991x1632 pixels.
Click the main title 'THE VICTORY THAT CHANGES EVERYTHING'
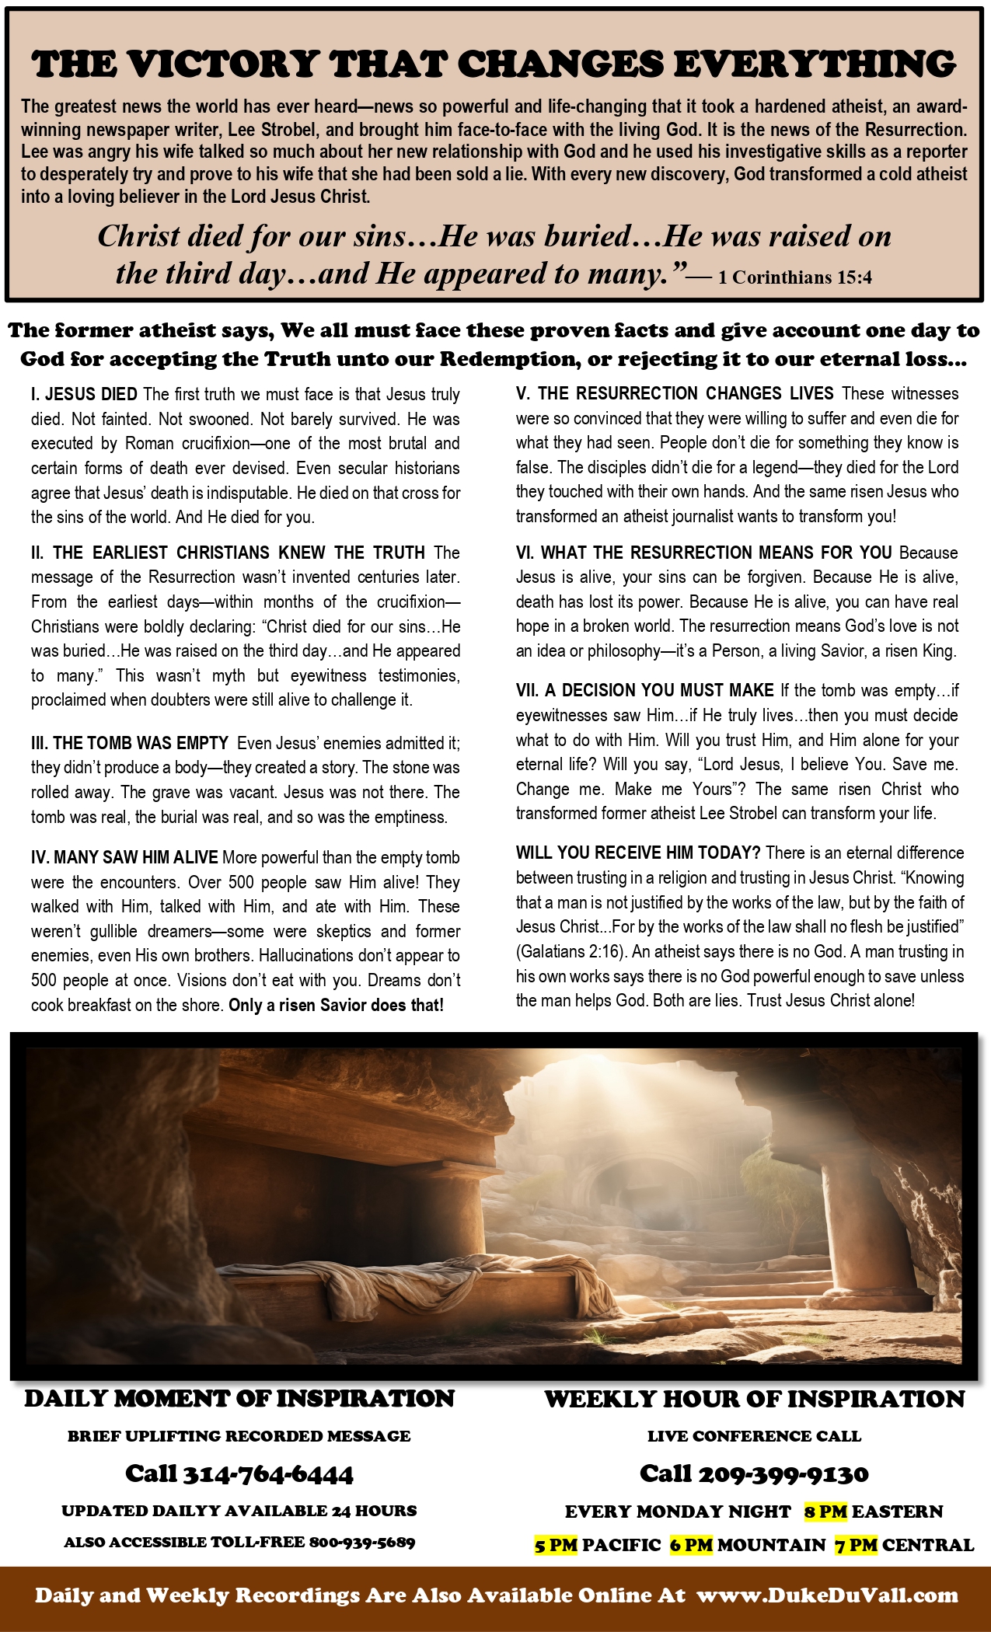(x=494, y=65)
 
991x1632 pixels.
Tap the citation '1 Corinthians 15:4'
(x=794, y=277)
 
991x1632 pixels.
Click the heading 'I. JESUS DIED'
(x=84, y=394)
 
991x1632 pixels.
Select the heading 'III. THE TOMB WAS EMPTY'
(x=130, y=743)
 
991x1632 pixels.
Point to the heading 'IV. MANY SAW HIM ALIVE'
(x=124, y=857)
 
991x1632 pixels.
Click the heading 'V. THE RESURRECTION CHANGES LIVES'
(x=675, y=393)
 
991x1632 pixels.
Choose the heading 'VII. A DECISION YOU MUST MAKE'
(x=644, y=690)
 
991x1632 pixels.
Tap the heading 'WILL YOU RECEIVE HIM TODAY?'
(x=637, y=853)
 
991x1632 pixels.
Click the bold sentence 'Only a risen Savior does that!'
(x=336, y=1005)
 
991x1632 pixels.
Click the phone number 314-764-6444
(x=267, y=1473)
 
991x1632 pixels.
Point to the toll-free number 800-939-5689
(x=362, y=1542)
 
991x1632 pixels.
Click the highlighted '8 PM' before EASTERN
(x=825, y=1512)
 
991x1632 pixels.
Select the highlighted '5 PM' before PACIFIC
(x=556, y=1545)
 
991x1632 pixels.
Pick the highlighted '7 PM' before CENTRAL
(x=857, y=1545)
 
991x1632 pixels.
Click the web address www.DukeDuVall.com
(x=827, y=1595)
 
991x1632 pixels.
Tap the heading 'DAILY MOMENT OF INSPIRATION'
(x=239, y=1399)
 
